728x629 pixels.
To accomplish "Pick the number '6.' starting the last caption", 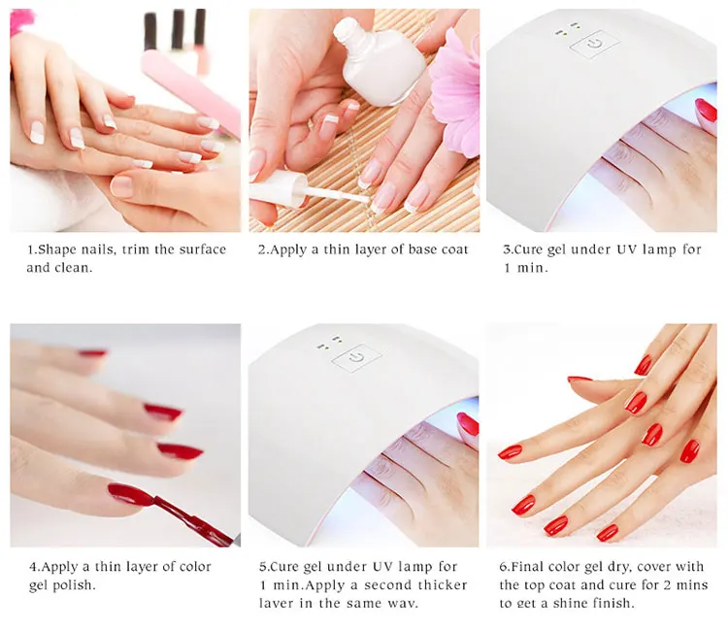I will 505,566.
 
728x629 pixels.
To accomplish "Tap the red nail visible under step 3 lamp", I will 706,115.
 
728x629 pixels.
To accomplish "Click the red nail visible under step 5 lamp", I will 468,424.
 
